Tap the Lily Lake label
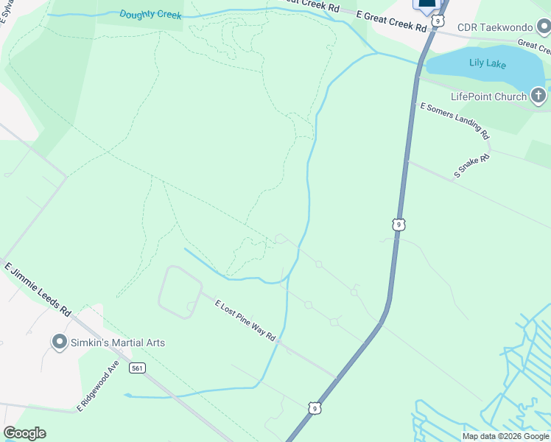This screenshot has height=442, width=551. pyautogui.click(x=488, y=63)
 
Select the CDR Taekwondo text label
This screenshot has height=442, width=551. pyautogui.click(x=494, y=27)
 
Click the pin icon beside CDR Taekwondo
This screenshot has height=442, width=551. pyautogui.click(x=543, y=27)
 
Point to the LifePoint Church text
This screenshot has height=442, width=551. pyautogui.click(x=488, y=97)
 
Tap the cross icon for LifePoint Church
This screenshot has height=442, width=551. pyautogui.click(x=539, y=96)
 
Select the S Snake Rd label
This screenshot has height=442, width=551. pyautogui.click(x=471, y=166)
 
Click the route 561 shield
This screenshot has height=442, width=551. pyautogui.click(x=136, y=367)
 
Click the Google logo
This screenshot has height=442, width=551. pyautogui.click(x=24, y=433)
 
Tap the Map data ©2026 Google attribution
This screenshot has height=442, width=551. pyautogui.click(x=506, y=436)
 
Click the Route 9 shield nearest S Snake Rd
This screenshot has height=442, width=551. pyautogui.click(x=399, y=224)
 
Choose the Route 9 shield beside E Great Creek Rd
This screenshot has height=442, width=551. pyautogui.click(x=438, y=21)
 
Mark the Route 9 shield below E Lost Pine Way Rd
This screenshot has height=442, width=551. pyautogui.click(x=315, y=407)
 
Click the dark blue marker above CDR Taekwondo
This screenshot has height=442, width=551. pyautogui.click(x=427, y=5)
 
